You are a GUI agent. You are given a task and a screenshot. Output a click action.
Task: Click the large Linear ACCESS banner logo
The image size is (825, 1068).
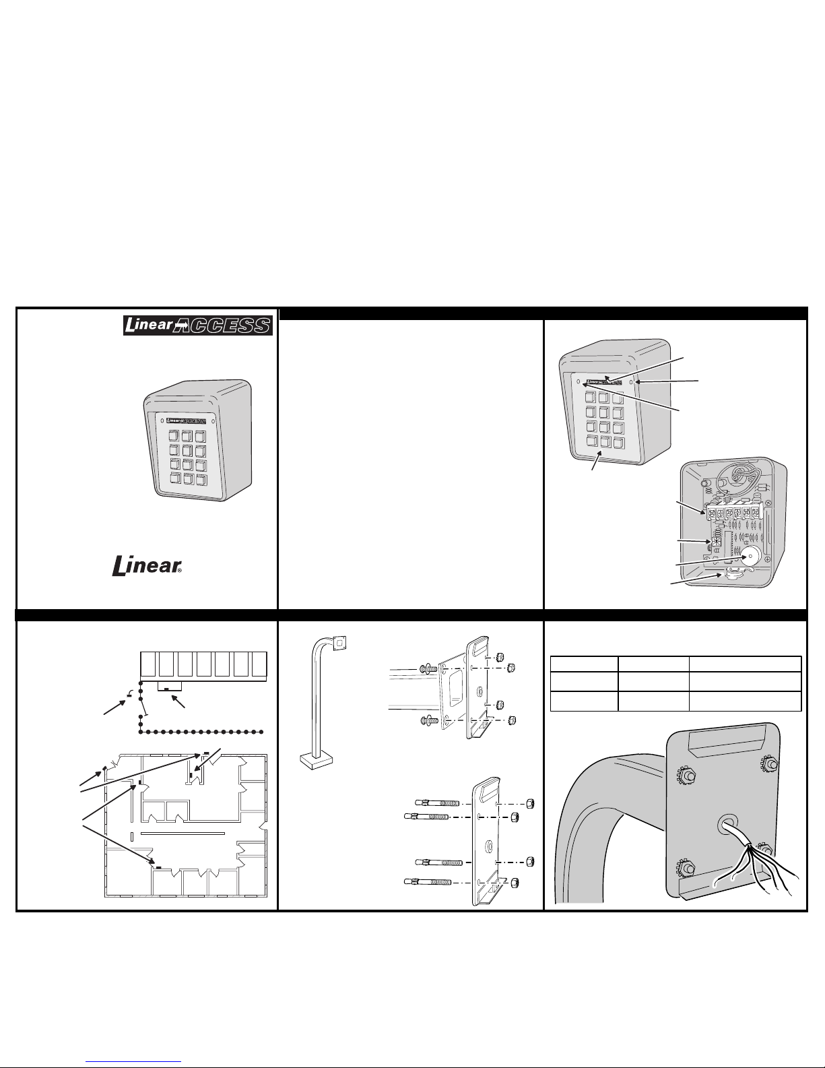(198, 325)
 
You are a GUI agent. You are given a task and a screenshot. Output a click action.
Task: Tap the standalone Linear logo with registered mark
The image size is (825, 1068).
(147, 566)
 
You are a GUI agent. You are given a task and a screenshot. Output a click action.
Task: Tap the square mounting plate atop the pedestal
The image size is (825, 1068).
(339, 643)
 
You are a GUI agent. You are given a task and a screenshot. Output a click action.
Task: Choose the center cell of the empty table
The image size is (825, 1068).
(653, 681)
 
